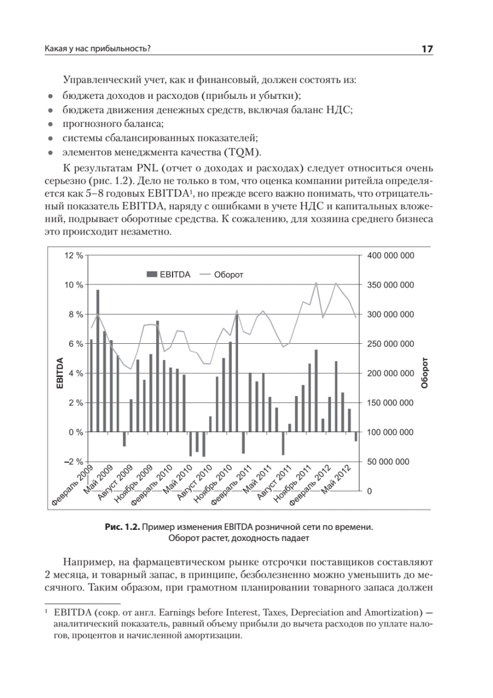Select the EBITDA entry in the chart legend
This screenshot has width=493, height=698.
(x=169, y=275)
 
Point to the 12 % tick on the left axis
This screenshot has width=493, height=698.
(x=74, y=255)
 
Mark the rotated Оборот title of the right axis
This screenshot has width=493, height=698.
(x=424, y=373)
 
